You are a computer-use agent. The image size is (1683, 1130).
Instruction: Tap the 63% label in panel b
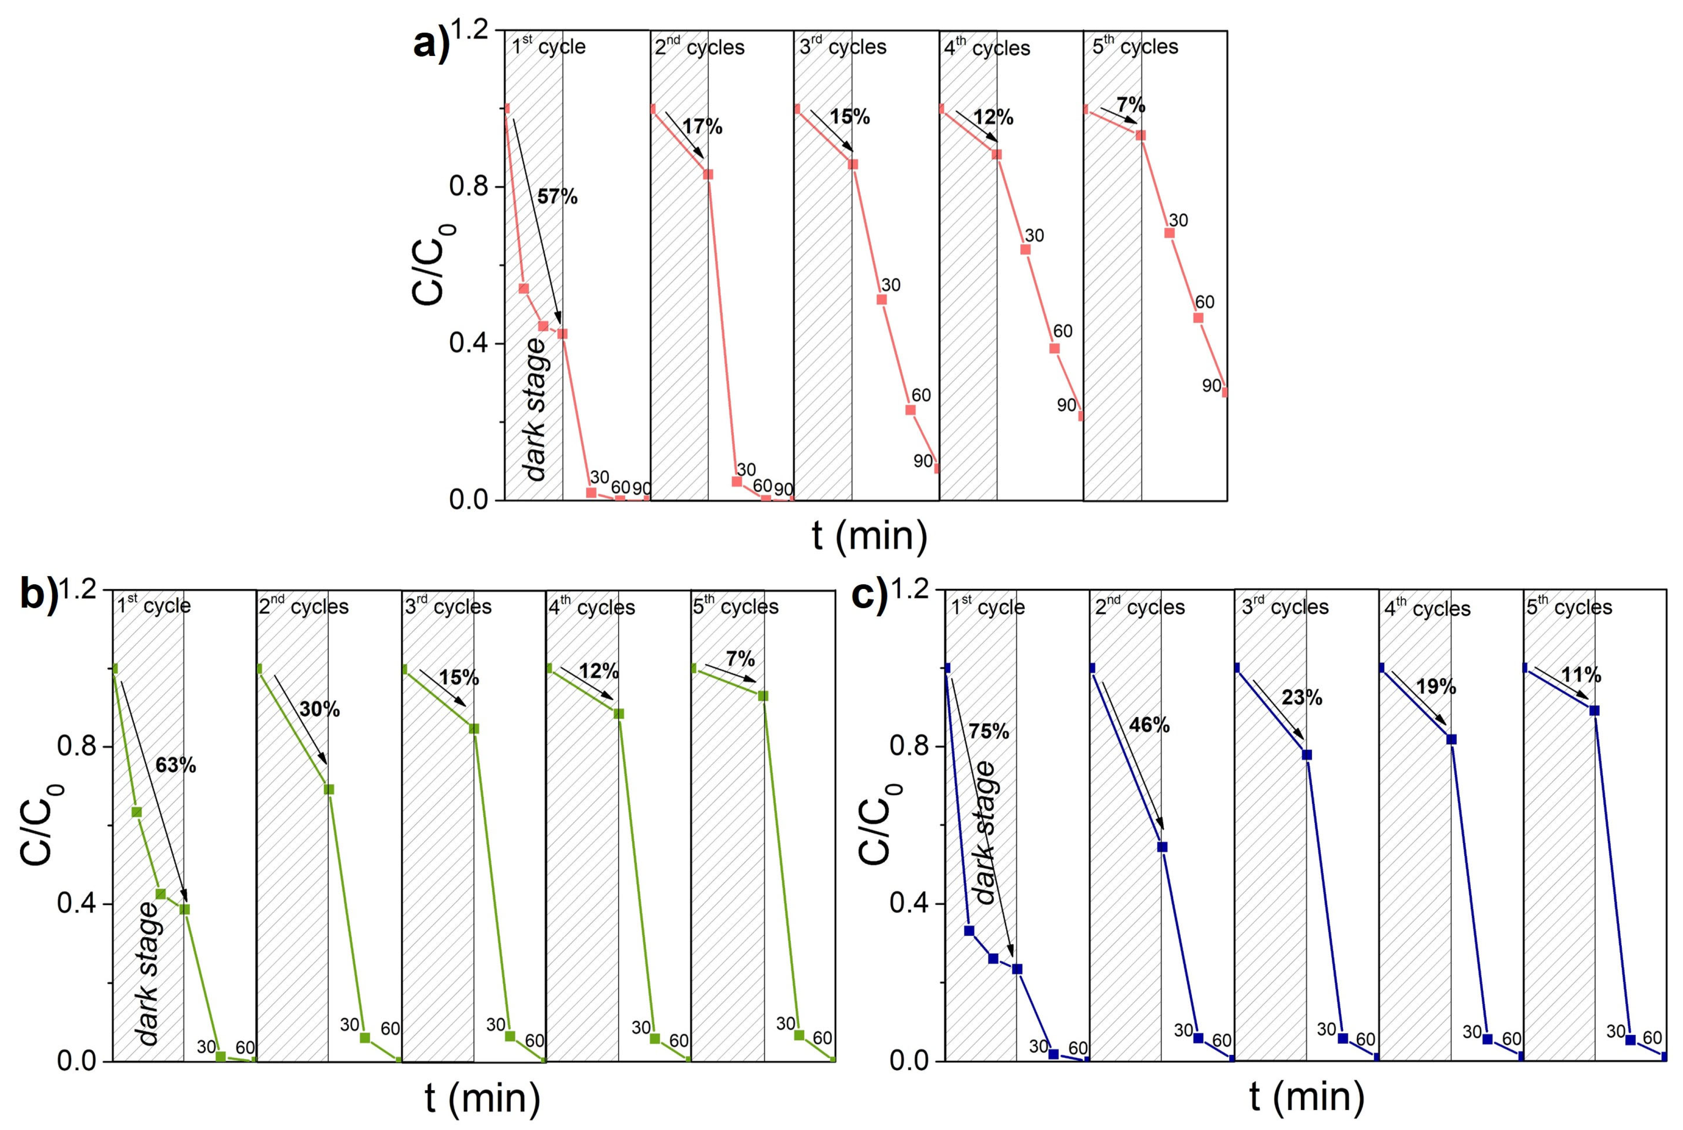coord(175,765)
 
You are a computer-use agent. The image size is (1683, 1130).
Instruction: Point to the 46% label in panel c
coord(1149,725)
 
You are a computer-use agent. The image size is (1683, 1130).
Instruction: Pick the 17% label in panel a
coord(702,127)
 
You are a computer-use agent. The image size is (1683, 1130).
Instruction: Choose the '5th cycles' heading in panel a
coord(1135,47)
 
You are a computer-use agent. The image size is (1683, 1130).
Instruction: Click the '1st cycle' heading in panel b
coord(154,606)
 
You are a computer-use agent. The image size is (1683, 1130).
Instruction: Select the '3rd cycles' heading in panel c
coord(1285,607)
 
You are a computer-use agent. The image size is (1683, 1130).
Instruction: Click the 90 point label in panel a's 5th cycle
coord(1211,386)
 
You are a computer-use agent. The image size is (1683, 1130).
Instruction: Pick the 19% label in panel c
coord(1435,687)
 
